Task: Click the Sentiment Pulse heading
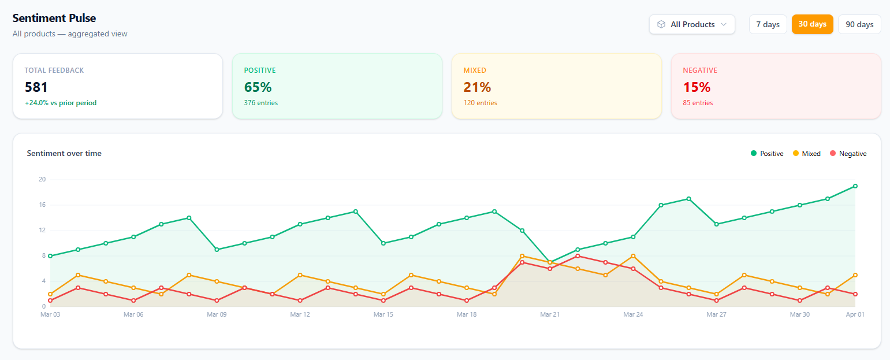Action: point(54,18)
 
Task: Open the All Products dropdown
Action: point(692,24)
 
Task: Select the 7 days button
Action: point(768,24)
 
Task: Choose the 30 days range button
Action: point(812,24)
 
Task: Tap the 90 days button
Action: point(859,24)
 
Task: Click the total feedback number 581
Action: point(36,87)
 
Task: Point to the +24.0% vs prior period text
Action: point(61,103)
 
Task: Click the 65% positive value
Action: point(258,87)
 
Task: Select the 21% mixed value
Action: point(477,87)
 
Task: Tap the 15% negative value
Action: point(697,87)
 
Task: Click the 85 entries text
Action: point(698,103)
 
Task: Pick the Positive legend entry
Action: point(767,154)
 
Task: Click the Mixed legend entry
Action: point(806,154)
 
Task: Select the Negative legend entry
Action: point(848,154)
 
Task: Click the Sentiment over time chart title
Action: point(64,153)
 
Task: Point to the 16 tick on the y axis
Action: point(42,205)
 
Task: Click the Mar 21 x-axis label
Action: point(550,315)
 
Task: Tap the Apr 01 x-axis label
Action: point(855,315)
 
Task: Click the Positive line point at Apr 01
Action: point(855,186)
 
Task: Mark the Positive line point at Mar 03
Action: point(50,256)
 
